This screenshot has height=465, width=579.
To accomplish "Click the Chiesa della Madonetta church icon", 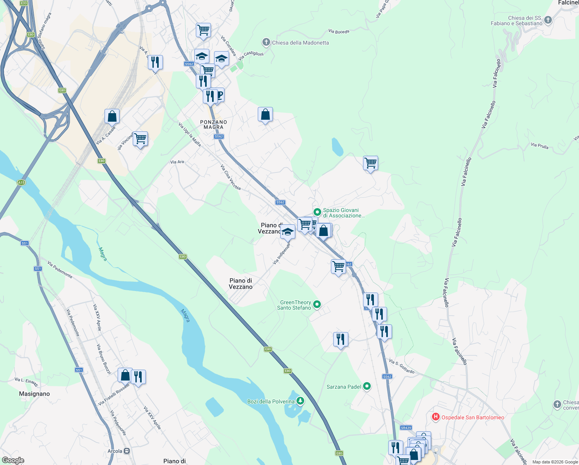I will [266, 42].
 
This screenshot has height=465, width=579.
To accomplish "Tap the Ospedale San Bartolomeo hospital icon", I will [435, 417].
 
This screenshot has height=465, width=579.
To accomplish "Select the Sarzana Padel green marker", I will [367, 386].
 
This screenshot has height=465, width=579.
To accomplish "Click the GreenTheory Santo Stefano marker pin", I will [317, 305].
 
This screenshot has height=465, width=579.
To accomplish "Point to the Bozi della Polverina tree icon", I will [300, 401].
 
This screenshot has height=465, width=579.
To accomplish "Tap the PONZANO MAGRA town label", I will [214, 124].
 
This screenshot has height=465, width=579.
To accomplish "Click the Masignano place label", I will [34, 394].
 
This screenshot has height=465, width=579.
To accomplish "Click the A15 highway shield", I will [21, 183].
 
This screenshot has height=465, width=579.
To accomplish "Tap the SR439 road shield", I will [406, 428].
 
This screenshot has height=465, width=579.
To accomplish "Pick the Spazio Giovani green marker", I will [317, 212].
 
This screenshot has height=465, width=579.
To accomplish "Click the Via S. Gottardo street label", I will [402, 367].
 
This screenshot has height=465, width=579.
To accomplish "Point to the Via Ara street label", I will [177, 162].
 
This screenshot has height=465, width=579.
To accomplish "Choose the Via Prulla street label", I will [540, 146].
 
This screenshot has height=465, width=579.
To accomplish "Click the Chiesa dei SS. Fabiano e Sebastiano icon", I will [548, 20].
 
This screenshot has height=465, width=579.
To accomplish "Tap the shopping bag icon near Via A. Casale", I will [112, 116].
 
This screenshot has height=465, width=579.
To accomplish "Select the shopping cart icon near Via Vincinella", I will [140, 138].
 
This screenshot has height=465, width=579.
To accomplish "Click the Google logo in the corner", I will [13, 460].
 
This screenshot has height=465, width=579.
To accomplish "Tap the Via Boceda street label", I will [339, 31].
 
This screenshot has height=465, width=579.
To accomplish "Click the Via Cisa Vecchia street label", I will [230, 177].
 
